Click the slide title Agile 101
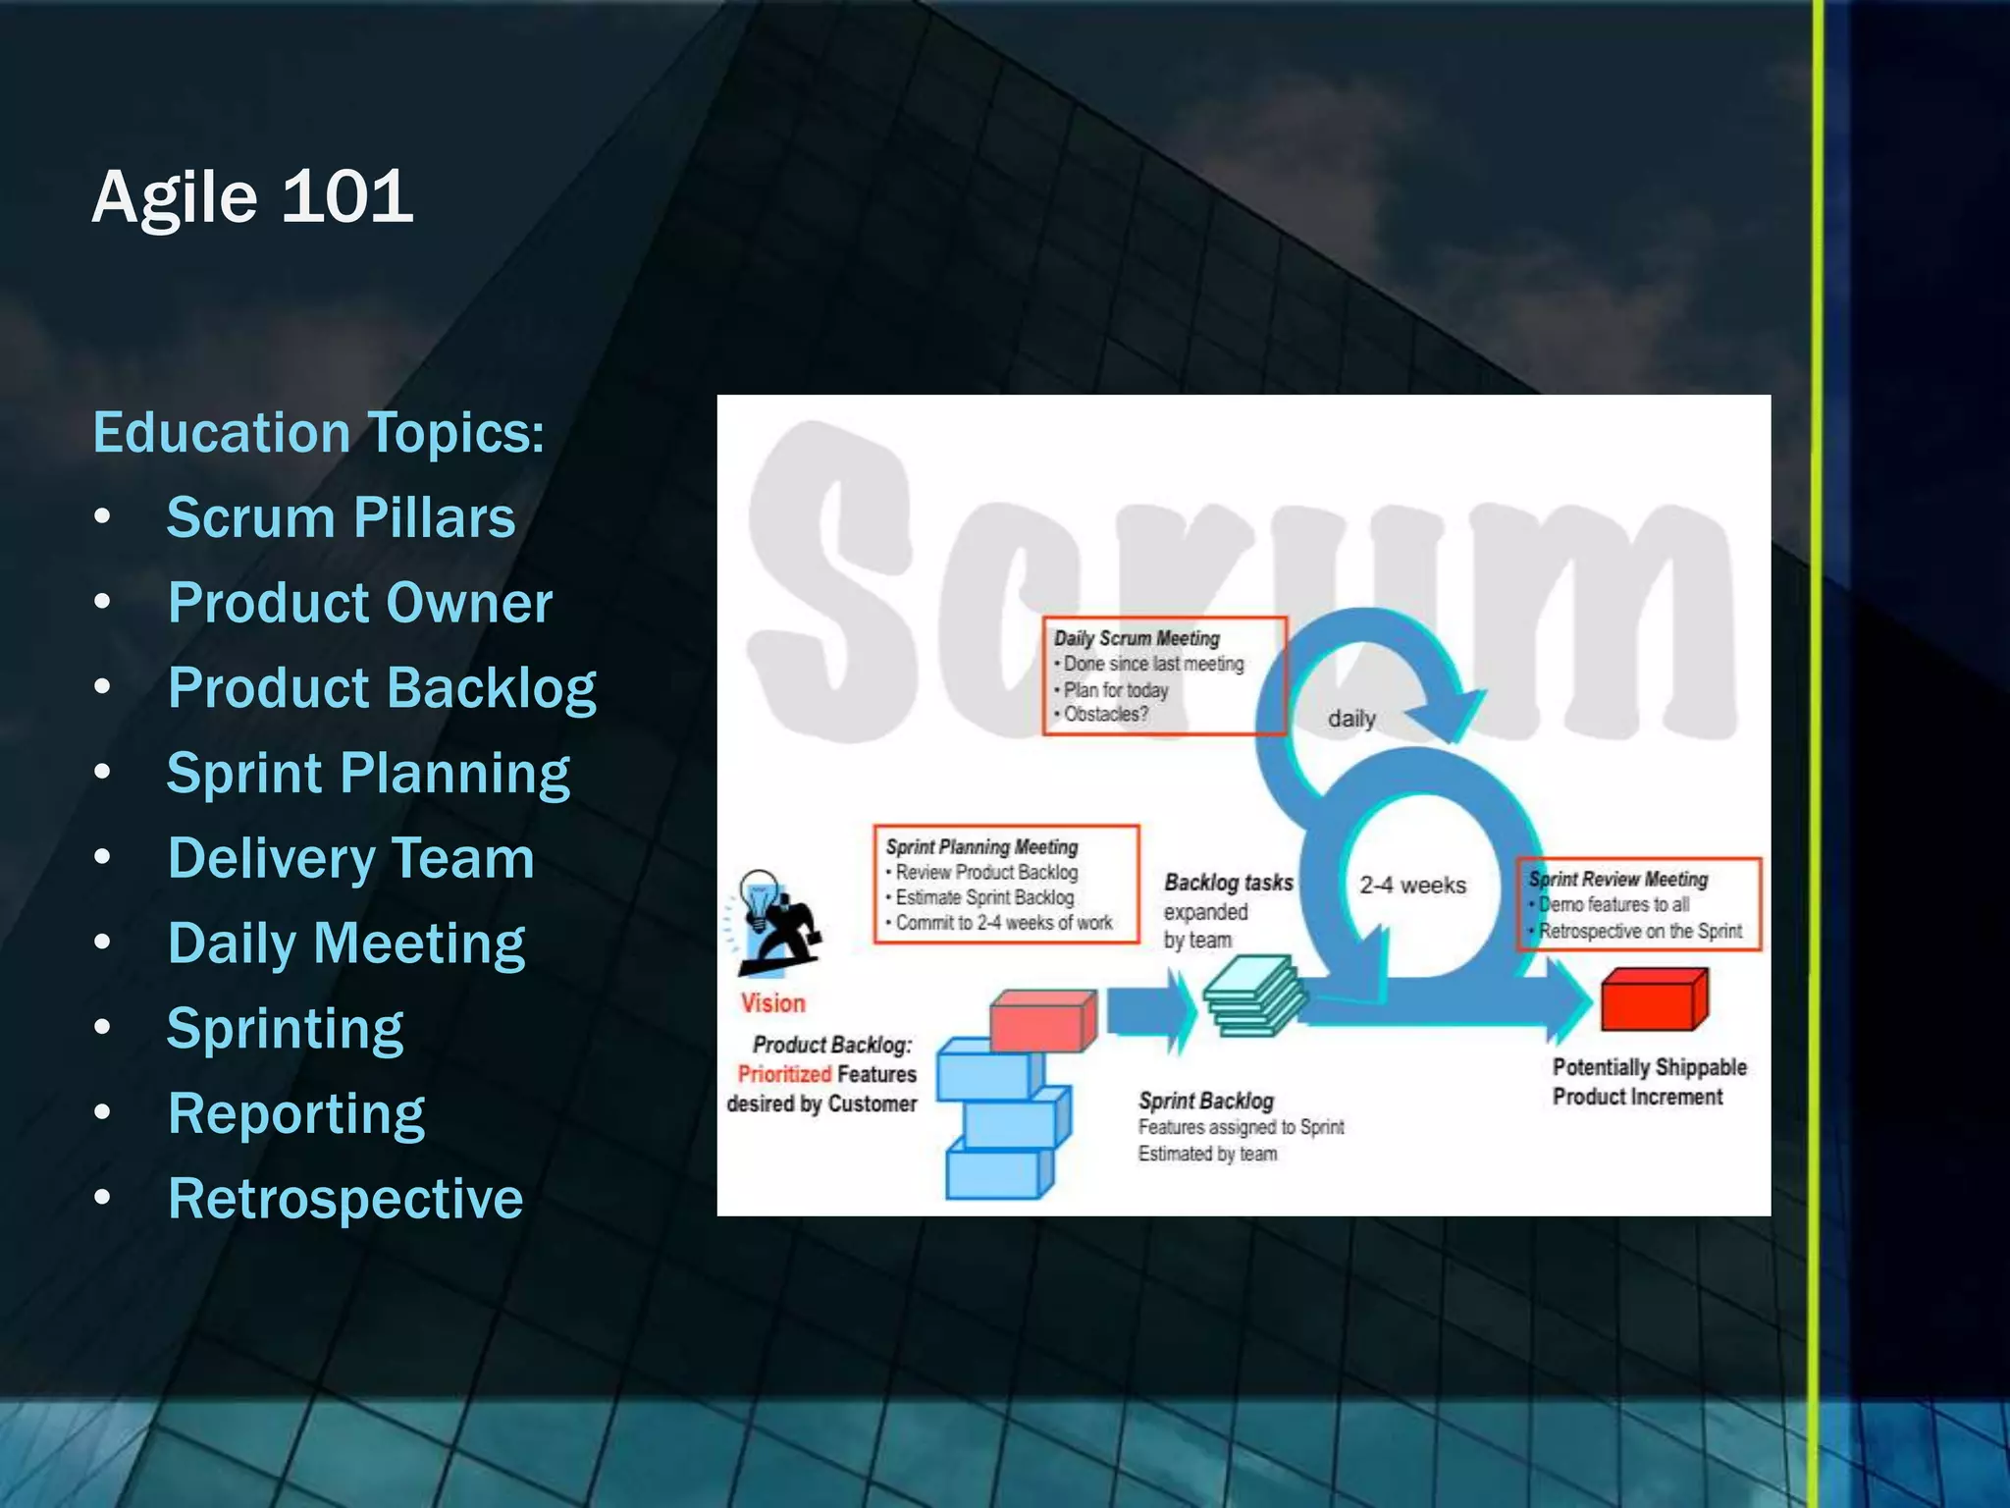click(252, 196)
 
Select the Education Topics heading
click(318, 433)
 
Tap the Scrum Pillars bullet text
click(341, 517)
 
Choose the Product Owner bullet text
click(359, 603)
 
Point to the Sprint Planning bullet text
click(368, 774)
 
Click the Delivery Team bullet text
click(350, 858)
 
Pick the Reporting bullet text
click(295, 1114)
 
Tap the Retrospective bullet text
click(345, 1199)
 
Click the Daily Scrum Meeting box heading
click(1137, 639)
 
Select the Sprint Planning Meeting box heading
click(981, 847)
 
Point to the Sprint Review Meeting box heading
click(1618, 880)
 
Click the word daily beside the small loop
click(1351, 719)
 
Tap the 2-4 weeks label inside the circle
click(1412, 886)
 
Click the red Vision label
click(772, 1003)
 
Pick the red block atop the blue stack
click(1041, 1020)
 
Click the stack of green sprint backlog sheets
click(1254, 996)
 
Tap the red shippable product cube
click(1654, 999)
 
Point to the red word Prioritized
click(784, 1074)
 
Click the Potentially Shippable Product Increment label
click(1649, 1082)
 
